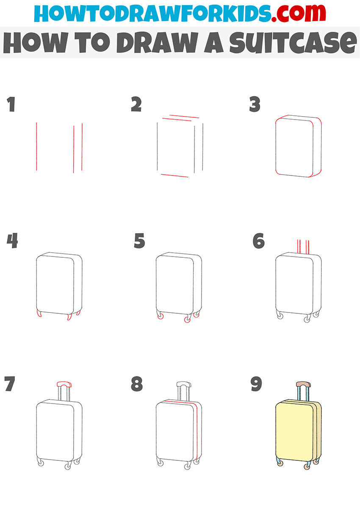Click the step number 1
coord(11,105)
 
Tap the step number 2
coord(136,105)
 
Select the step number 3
coord(255,105)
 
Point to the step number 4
coord(12,241)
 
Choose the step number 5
coord(139,241)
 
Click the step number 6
coord(258,241)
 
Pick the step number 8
coord(137,385)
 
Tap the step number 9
coord(256,385)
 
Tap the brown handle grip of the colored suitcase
coord(302,384)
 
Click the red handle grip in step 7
coord(64,383)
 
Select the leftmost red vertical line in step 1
coord(36,146)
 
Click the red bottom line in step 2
coord(174,175)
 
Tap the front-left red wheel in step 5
coord(160,317)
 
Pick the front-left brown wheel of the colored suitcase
coord(280,463)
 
